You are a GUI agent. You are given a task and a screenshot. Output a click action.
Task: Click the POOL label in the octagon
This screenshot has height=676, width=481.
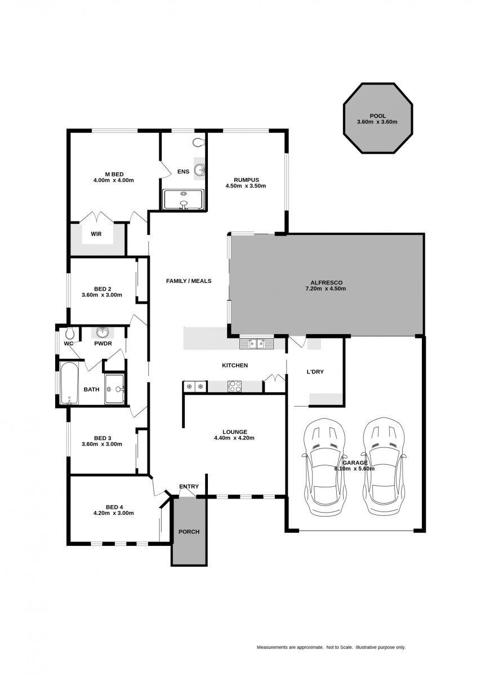[377, 116]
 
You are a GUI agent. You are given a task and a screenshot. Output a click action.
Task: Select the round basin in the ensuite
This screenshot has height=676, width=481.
[200, 170]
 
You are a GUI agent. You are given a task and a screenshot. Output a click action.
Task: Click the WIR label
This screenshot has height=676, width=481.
[96, 234]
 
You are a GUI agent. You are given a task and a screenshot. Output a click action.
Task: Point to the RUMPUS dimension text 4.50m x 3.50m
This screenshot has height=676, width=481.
[246, 186]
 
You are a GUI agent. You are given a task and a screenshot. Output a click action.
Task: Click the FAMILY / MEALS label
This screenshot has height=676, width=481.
[189, 281]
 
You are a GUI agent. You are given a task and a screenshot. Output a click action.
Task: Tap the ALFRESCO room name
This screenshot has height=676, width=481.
[327, 283]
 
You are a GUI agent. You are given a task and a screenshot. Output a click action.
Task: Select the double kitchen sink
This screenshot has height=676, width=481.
[256, 344]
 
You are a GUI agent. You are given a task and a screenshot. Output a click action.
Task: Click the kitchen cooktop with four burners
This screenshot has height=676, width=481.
[235, 386]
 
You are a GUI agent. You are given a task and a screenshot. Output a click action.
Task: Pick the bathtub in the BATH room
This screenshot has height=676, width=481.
[70, 383]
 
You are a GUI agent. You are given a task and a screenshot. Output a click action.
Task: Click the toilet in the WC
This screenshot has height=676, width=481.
[70, 333]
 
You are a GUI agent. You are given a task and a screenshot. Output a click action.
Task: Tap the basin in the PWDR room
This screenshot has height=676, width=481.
[103, 332]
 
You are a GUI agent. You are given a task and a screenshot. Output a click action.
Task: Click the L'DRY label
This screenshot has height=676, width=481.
[315, 372]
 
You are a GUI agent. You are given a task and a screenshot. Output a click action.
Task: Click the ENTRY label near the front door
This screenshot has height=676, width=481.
[189, 487]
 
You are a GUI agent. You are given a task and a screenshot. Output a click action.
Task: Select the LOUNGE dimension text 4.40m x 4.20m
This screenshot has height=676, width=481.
[234, 438]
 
